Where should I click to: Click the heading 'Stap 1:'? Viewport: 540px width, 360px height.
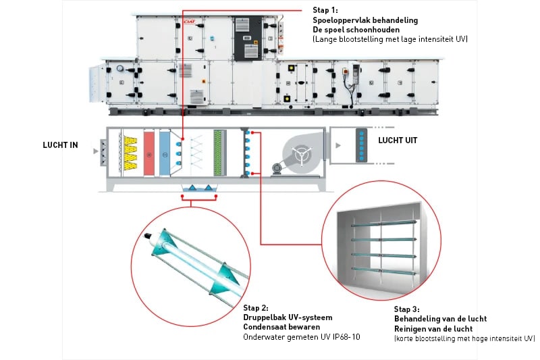click(325, 11)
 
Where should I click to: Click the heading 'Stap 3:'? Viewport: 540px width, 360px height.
click(407, 309)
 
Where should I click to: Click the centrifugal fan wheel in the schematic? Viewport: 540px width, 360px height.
click(300, 152)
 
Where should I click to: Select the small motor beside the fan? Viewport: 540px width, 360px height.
click(277, 168)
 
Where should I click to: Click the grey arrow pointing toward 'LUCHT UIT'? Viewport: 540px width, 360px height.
click(335, 145)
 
